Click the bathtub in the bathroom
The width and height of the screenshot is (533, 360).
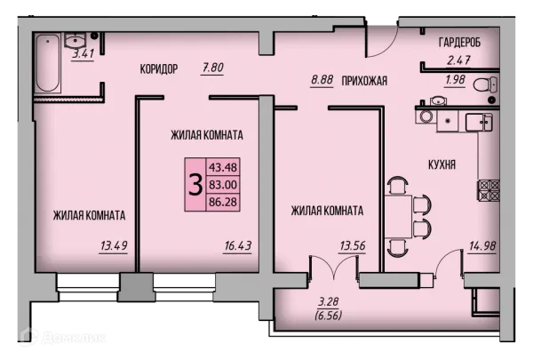click(x=48, y=62)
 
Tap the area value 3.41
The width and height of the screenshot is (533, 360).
click(x=83, y=53)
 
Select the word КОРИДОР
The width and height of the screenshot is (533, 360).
click(x=159, y=69)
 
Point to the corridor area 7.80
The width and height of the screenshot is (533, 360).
click(x=213, y=68)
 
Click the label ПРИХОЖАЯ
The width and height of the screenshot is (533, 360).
click(x=364, y=81)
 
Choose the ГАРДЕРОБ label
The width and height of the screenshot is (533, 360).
click(x=459, y=43)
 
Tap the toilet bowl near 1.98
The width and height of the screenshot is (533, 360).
click(x=485, y=84)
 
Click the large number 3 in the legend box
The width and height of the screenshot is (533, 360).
click(x=195, y=185)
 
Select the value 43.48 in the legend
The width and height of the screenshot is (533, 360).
click(x=223, y=167)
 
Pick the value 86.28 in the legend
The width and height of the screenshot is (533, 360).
click(x=223, y=202)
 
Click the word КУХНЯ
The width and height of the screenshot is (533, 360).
click(x=442, y=165)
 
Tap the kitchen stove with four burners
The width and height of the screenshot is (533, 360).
click(x=489, y=190)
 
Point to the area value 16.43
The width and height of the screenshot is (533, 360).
click(x=238, y=245)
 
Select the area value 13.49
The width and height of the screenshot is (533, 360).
click(x=114, y=245)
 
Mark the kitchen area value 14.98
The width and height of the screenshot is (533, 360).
click(x=482, y=245)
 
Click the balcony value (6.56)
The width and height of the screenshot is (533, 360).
click(x=329, y=316)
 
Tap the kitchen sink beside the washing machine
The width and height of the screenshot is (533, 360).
click(x=479, y=122)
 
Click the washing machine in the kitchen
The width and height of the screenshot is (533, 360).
click(x=426, y=116)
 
